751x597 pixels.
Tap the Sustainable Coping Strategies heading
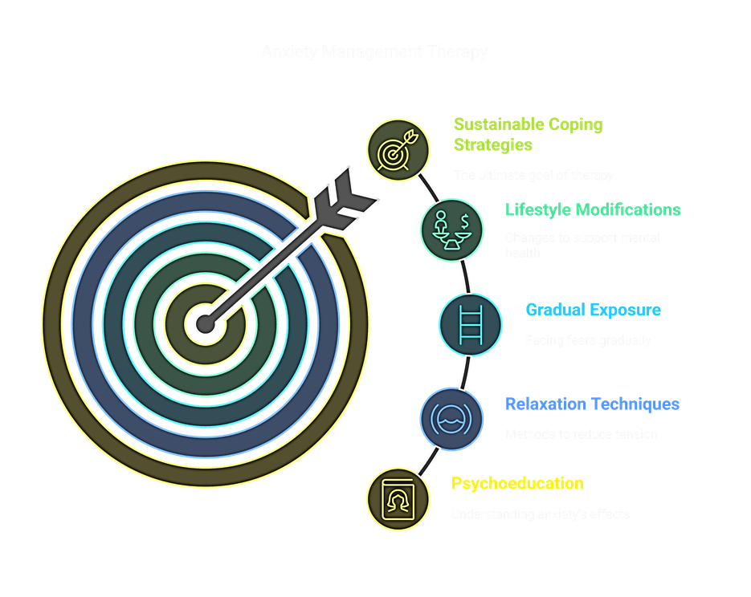click(x=528, y=135)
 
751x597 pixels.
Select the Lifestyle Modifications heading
click(x=593, y=210)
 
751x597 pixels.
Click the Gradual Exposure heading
click(x=593, y=310)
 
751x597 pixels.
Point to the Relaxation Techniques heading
click(x=592, y=404)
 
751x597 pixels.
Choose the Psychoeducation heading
click(x=517, y=484)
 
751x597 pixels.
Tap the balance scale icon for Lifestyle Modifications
click(x=451, y=229)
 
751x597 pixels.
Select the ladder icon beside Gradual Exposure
click(x=471, y=325)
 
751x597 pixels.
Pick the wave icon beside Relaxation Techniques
click(x=452, y=418)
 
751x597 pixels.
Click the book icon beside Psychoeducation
click(x=397, y=498)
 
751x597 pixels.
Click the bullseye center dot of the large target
click(x=205, y=325)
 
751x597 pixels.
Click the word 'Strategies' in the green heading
click(x=492, y=145)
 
